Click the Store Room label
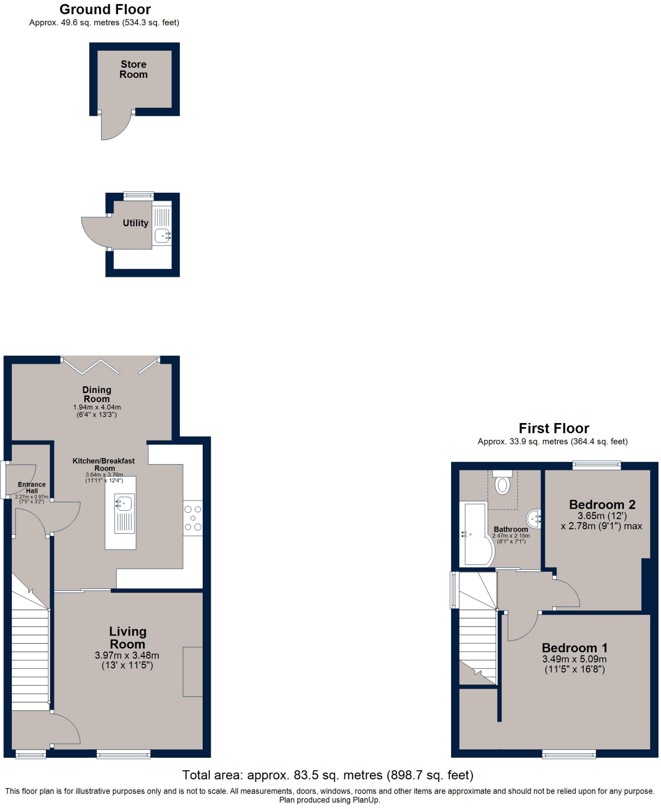tap(134, 70)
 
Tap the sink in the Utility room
tap(162, 235)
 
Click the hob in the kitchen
tap(193, 518)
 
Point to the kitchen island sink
tap(124, 503)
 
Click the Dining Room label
tap(97, 394)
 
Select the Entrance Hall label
tap(32, 487)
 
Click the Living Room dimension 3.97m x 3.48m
tap(127, 655)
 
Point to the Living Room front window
tap(124, 754)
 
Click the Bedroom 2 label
tap(602, 504)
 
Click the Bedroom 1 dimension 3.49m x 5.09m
tap(574, 659)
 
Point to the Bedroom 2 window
tap(597, 465)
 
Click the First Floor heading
tap(554, 428)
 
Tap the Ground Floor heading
tap(105, 9)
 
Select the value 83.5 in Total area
tap(306, 775)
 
